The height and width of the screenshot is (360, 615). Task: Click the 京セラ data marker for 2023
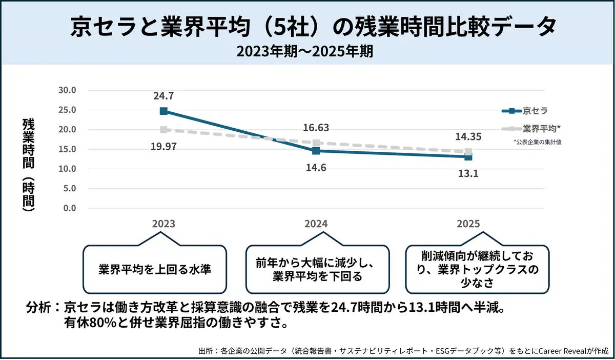[x=163, y=111]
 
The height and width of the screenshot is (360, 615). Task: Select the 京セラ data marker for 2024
[x=316, y=151]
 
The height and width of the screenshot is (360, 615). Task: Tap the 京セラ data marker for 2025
[x=468, y=156]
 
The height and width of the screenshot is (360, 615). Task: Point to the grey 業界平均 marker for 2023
[x=163, y=130]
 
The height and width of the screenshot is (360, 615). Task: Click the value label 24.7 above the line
[x=163, y=95]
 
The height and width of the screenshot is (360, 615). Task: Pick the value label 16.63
[x=316, y=128]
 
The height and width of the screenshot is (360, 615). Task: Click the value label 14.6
[x=316, y=168]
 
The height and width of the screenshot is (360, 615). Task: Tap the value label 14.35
[x=468, y=137]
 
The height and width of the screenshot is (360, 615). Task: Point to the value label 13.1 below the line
[x=468, y=173]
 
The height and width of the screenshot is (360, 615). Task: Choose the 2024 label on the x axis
[x=316, y=224]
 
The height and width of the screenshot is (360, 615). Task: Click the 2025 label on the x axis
[x=468, y=224]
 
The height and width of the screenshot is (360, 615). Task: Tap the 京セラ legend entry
[x=525, y=110]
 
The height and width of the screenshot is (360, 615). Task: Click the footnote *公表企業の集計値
[x=537, y=142]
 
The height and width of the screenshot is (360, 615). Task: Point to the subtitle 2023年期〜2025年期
[x=307, y=51]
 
